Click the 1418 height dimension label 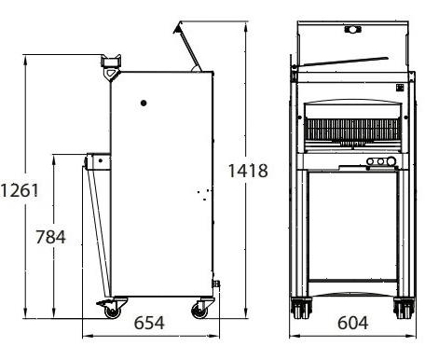pyautogui.click(x=248, y=171)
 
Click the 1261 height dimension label pyautogui.click(x=20, y=190)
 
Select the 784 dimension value pyautogui.click(x=50, y=237)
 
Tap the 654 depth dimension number pyautogui.click(x=149, y=323)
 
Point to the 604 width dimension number pyautogui.click(x=353, y=323)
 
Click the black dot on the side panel pyautogui.click(x=144, y=103)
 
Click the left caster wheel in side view pyautogui.click(x=112, y=311)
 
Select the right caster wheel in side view pyautogui.click(x=199, y=311)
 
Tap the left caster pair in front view pyautogui.click(x=301, y=308)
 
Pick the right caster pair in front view pyautogui.click(x=404, y=308)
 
